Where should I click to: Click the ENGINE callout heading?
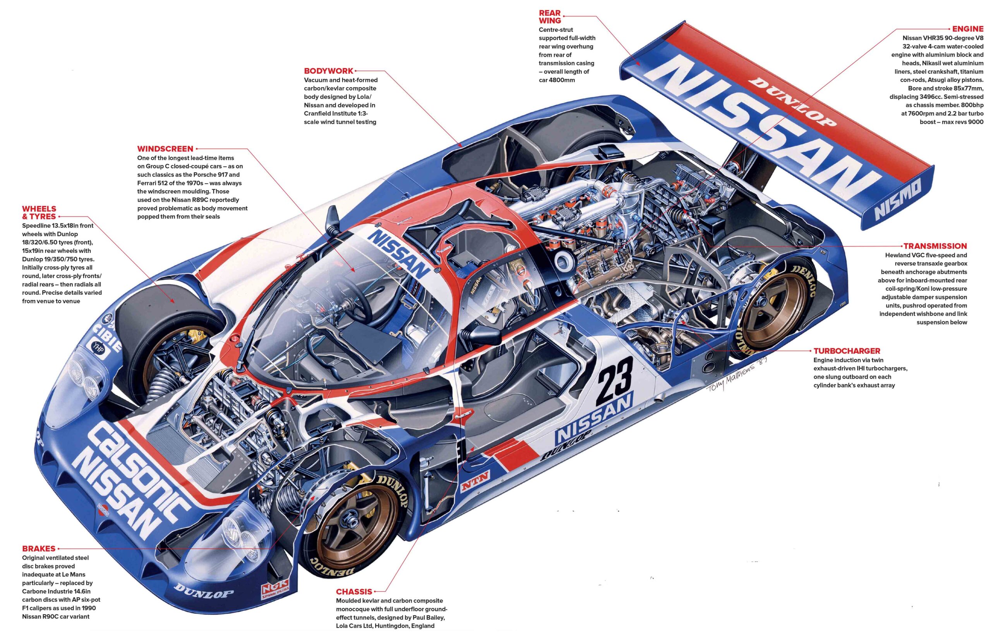(967, 29)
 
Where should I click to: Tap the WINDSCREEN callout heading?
(165, 149)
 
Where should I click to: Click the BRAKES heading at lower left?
(39, 548)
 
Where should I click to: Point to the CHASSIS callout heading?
(354, 591)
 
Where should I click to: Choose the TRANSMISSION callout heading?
(935, 246)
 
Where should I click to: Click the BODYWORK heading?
(329, 71)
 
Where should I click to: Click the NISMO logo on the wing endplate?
(899, 201)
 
